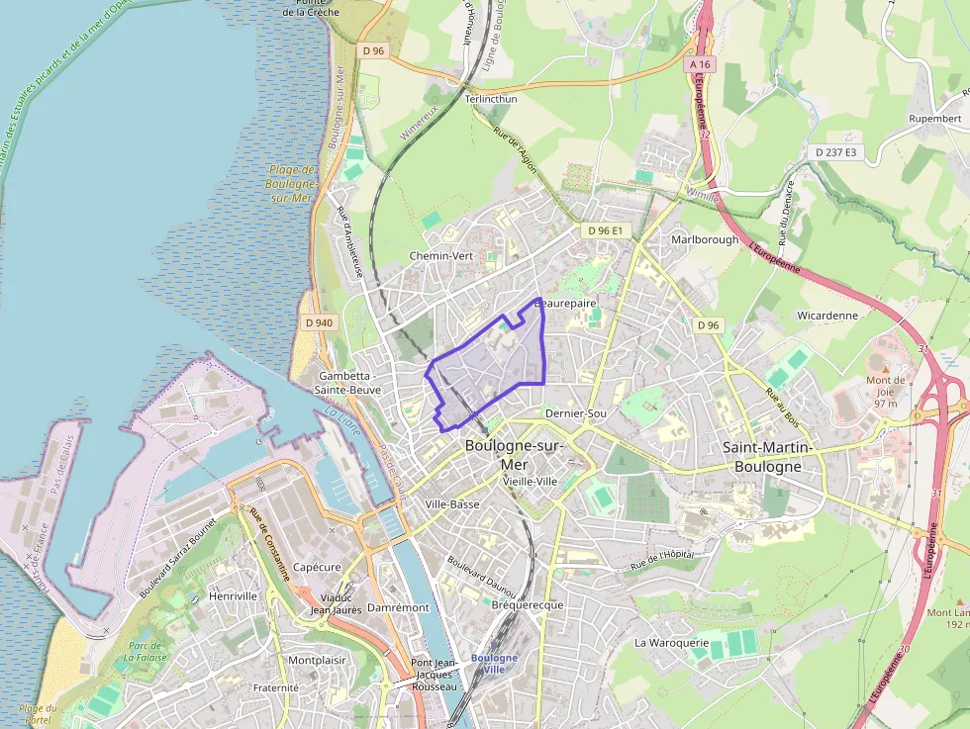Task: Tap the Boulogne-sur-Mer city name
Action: (x=514, y=455)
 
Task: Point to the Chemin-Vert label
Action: (x=441, y=255)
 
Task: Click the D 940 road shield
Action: (x=320, y=322)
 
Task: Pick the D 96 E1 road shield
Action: (x=604, y=230)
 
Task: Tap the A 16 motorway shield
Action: (x=701, y=65)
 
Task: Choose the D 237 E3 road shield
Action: (x=837, y=152)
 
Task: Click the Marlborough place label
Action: (x=705, y=239)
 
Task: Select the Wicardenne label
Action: (x=827, y=316)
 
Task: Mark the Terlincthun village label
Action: (x=491, y=99)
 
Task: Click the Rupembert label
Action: (x=934, y=119)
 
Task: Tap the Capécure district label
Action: (x=317, y=568)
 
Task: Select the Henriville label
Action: (x=234, y=596)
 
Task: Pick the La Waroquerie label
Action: (x=671, y=642)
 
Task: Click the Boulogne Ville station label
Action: (x=494, y=664)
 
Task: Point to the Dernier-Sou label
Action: (x=576, y=413)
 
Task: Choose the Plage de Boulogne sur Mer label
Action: (x=292, y=183)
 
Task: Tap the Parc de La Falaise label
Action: (x=145, y=651)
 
